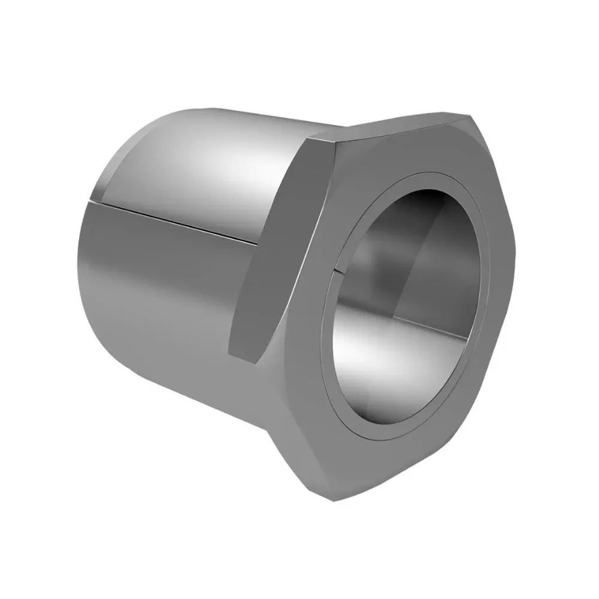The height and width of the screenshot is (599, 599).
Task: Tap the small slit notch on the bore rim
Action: point(337,273)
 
